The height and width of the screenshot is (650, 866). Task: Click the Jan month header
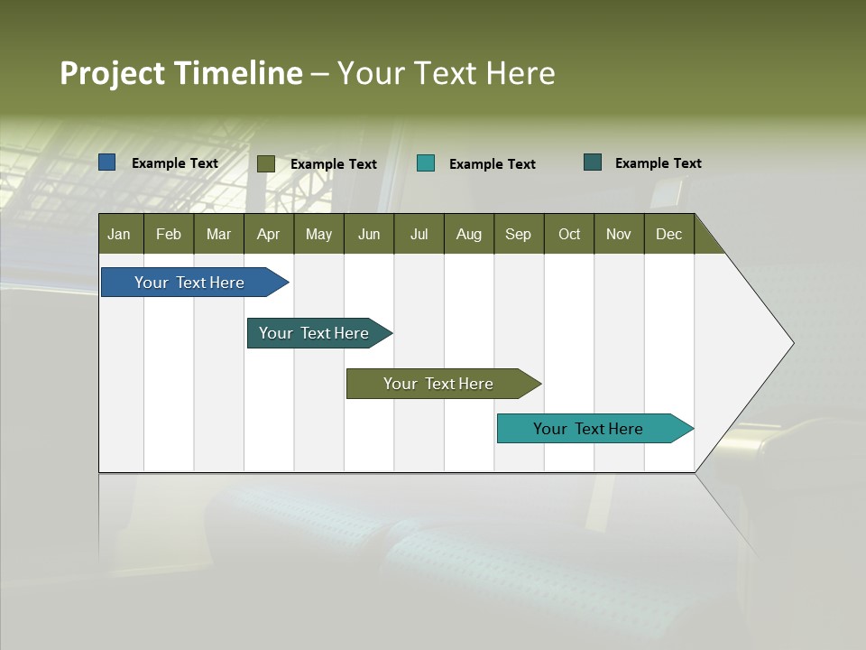[x=120, y=234]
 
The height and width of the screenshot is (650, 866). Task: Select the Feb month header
[x=169, y=234]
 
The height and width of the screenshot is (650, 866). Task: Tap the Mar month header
[x=218, y=234]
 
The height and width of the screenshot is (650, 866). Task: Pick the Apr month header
[x=269, y=234]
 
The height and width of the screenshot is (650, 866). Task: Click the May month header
[x=318, y=234]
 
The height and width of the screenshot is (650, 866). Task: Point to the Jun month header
[x=369, y=234]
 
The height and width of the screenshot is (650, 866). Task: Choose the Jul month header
[x=419, y=234]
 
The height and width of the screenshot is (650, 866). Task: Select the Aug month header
[x=469, y=234]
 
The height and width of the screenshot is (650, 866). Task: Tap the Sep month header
[x=519, y=234]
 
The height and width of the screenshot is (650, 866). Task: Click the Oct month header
[x=569, y=234]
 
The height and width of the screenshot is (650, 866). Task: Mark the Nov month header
[x=619, y=234]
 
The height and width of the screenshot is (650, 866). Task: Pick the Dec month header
[x=669, y=234]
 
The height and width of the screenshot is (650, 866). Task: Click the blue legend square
[x=107, y=162]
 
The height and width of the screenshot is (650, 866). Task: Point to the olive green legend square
[x=266, y=163]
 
